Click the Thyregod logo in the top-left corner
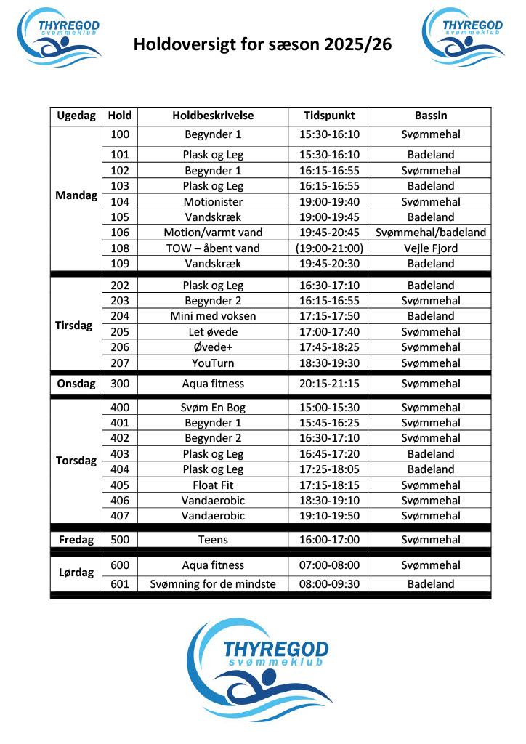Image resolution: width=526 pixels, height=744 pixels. [60, 36]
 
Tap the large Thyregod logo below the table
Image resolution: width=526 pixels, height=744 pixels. [258, 669]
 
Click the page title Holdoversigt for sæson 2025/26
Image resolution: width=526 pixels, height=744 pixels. [262, 45]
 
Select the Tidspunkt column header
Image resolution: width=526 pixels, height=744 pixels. [329, 116]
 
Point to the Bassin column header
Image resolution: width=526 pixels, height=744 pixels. [431, 116]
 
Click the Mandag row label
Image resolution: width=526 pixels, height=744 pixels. [76, 196]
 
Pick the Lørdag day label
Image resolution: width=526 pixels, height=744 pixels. [76, 573]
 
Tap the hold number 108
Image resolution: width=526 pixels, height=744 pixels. [120, 248]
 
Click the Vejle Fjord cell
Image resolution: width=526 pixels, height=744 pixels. [431, 248]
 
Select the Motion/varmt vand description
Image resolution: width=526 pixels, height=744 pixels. [213, 232]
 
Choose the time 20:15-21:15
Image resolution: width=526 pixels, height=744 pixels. [329, 384]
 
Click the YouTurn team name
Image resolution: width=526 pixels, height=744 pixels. [213, 363]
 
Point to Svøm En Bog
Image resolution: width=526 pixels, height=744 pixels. [213, 408]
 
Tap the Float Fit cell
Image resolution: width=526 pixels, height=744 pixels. [213, 485]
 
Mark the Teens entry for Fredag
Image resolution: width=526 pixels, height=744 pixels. [213, 540]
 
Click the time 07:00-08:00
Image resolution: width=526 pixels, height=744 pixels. [329, 565]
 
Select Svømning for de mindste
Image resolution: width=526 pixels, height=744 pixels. [213, 584]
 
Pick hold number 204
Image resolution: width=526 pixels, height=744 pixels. [120, 316]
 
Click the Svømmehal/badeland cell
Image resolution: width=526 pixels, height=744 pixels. [431, 232]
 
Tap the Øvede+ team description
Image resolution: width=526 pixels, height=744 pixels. [213, 347]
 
